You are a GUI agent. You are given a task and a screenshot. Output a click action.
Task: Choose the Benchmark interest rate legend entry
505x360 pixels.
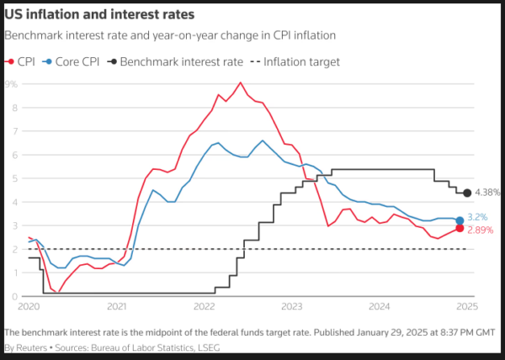pyautogui.click(x=180, y=61)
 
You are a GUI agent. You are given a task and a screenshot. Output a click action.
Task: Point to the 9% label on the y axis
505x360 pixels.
pyautogui.click(x=13, y=84)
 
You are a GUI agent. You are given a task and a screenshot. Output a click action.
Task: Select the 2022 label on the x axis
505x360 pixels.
pyautogui.click(x=205, y=308)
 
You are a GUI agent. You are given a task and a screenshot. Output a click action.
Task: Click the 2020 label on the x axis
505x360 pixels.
pyautogui.click(x=29, y=308)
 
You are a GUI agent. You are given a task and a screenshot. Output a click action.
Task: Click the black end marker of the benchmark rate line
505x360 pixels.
pyautogui.click(x=467, y=193)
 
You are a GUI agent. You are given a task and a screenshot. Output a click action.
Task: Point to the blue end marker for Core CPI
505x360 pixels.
pyautogui.click(x=460, y=220)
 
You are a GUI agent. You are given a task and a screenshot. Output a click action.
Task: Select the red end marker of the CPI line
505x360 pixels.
pyautogui.click(x=460, y=228)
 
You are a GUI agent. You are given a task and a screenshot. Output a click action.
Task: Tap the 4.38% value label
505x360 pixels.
pyautogui.click(x=488, y=193)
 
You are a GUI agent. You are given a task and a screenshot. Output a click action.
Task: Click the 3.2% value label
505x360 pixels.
pyautogui.click(x=479, y=216)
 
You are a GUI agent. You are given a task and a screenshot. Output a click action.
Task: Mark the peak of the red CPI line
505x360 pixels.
pyautogui.click(x=241, y=82)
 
